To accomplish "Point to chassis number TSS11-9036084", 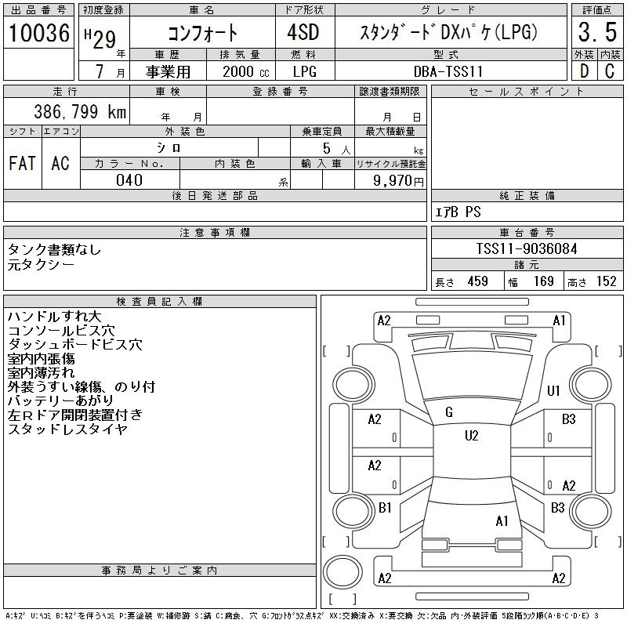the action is click(527, 248).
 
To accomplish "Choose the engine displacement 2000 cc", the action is click(239, 71).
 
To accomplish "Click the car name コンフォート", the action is click(203, 34).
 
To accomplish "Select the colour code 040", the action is click(129, 180).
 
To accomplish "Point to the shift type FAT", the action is click(22, 163).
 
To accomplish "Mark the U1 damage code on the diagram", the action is click(554, 390).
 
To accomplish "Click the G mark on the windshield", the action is click(449, 412).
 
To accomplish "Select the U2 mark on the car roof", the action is click(471, 436).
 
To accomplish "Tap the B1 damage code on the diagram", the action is click(385, 508).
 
